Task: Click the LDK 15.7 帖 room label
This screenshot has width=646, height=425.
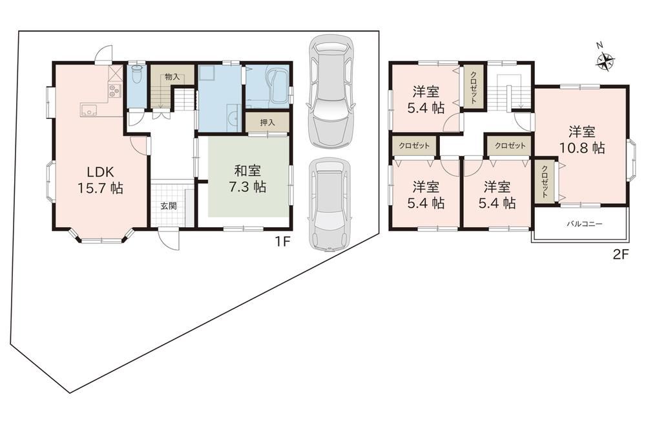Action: (x=100, y=180)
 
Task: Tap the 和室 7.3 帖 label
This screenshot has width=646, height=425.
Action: (x=247, y=179)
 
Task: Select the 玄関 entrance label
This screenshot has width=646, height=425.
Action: (x=169, y=206)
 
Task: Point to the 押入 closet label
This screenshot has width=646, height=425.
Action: (x=267, y=122)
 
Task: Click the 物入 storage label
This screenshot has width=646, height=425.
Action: (x=172, y=77)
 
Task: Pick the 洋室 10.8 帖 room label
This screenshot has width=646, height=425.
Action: (x=582, y=140)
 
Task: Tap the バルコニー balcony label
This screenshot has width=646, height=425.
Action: (x=584, y=224)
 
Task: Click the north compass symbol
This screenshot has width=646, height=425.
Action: (x=605, y=61)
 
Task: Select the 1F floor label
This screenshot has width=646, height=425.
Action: (x=283, y=241)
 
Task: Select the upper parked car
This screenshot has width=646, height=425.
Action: (x=331, y=91)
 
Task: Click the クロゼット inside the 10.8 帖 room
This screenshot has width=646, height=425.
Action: (x=545, y=182)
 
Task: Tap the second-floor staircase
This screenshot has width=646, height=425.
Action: (x=510, y=92)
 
